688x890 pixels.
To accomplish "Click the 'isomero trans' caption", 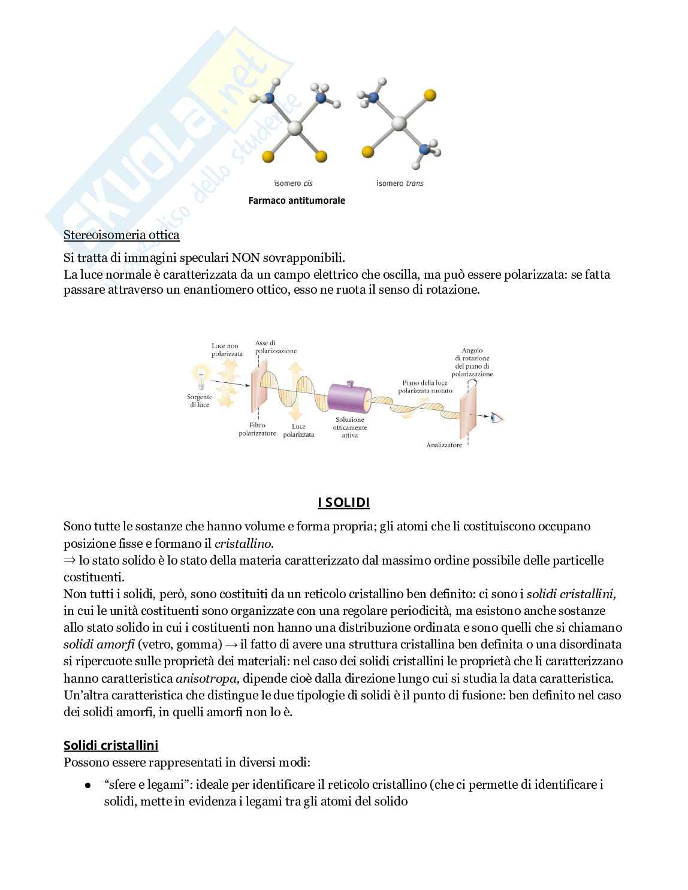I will point(399,183).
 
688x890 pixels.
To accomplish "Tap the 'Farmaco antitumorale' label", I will point(297,201).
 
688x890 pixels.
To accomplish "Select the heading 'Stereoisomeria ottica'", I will point(122,235).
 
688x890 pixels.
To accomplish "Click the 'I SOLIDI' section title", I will point(343,503).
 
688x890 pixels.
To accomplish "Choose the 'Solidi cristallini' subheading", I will point(111,746).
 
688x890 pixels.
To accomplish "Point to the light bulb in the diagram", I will point(200,378).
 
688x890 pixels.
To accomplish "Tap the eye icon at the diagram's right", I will point(497,418).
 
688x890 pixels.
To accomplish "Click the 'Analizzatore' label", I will point(444,445).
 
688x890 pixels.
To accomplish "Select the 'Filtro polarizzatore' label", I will point(257,429).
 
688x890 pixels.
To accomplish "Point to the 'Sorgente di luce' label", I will point(199,401).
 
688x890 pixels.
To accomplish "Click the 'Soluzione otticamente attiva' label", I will point(350,427).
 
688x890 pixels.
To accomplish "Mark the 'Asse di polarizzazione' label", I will point(275,347).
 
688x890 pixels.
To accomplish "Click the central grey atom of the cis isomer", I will point(295,128).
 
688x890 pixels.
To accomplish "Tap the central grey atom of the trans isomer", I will point(399,124).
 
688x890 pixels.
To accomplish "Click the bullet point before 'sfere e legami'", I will point(87,785).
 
